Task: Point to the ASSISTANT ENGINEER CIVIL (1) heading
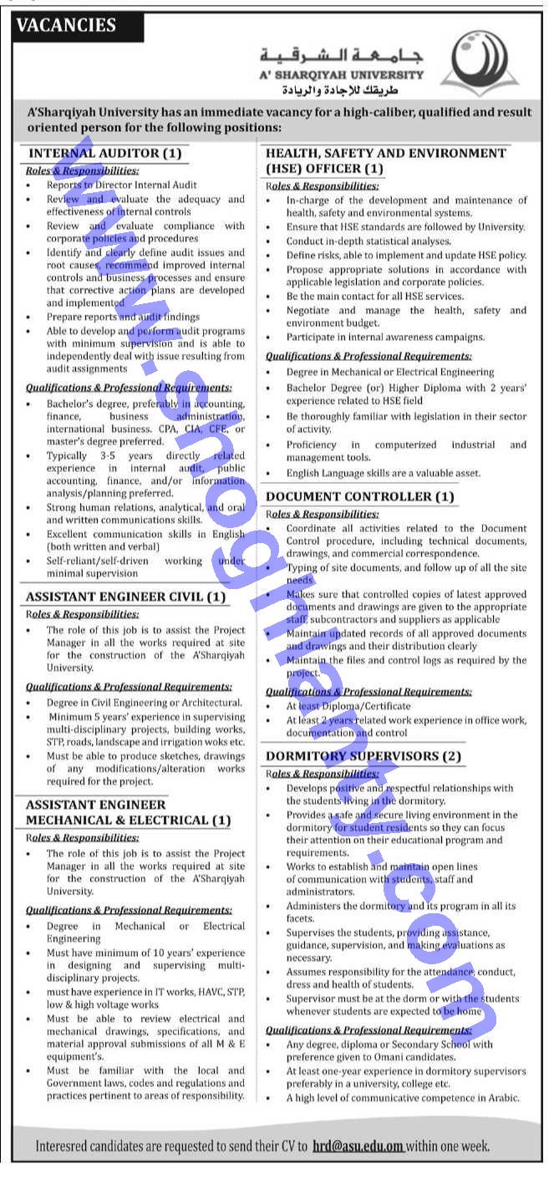pos(125,597)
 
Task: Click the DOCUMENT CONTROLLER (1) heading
pos(360,496)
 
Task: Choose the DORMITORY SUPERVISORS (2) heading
pos(363,755)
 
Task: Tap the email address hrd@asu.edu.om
pos(358,1146)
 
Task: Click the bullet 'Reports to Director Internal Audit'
pos(122,185)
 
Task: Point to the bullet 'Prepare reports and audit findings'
pos(123,317)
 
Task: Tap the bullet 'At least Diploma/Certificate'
pos(349,706)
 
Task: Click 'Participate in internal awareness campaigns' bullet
pos(385,337)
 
